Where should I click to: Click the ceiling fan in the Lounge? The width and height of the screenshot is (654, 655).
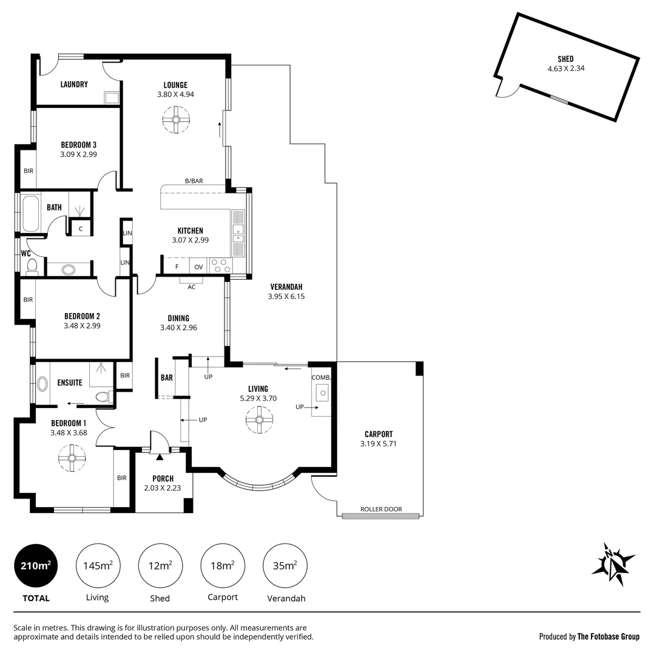coord(175,119)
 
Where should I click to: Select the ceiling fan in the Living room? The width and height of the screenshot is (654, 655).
coord(259,420)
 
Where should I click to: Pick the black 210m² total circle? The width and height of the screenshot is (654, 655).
coord(36,566)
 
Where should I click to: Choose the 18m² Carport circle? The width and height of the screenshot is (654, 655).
coord(222,566)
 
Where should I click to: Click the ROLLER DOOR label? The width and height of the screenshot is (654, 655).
coord(380,509)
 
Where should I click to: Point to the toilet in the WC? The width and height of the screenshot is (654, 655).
coord(32,266)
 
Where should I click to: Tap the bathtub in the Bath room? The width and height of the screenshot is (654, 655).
coord(31,213)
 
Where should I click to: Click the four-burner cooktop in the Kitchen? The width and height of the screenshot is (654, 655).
coord(220,266)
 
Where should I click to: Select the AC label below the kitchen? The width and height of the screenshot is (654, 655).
coord(191,287)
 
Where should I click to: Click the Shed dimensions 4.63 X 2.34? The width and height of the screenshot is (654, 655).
coord(565,69)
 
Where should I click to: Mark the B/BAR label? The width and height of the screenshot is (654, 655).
coord(194,181)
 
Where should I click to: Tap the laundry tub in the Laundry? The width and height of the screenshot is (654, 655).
coord(112,98)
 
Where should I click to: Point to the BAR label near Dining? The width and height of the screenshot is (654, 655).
coord(166,378)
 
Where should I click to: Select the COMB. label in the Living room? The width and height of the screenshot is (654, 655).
coord(321,377)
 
